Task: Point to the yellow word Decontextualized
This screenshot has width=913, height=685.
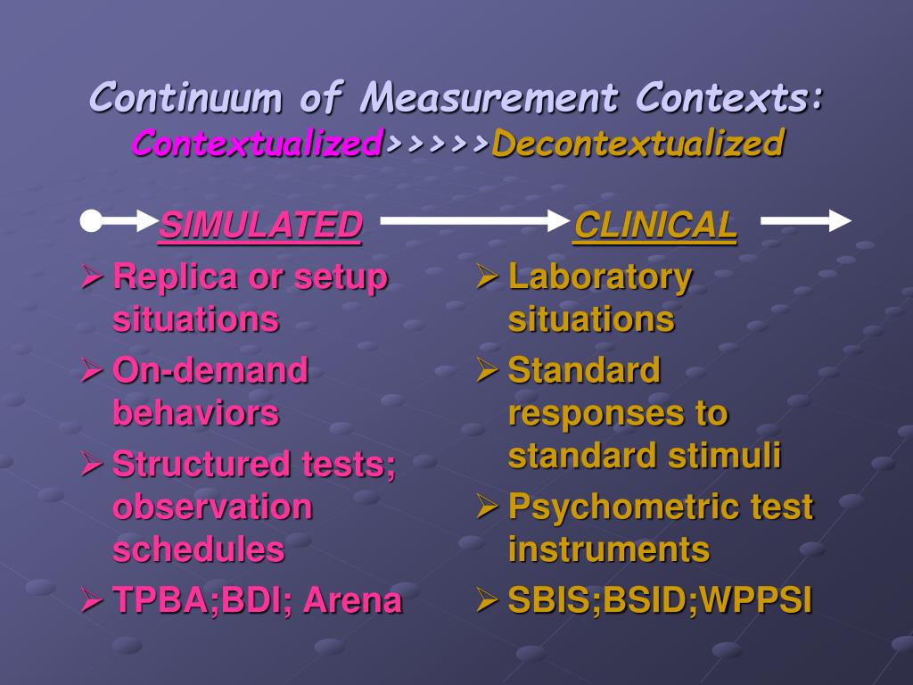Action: pyautogui.click(x=637, y=143)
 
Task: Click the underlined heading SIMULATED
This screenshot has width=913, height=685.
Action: pyautogui.click(x=260, y=226)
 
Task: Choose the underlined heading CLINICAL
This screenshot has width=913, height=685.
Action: pyautogui.click(x=655, y=226)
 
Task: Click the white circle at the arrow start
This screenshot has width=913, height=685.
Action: pyautogui.click(x=91, y=221)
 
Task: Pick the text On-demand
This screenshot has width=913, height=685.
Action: pyautogui.click(x=210, y=370)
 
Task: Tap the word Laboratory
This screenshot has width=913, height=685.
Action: pyautogui.click(x=600, y=277)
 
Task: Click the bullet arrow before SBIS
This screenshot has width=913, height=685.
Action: pyautogui.click(x=487, y=599)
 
